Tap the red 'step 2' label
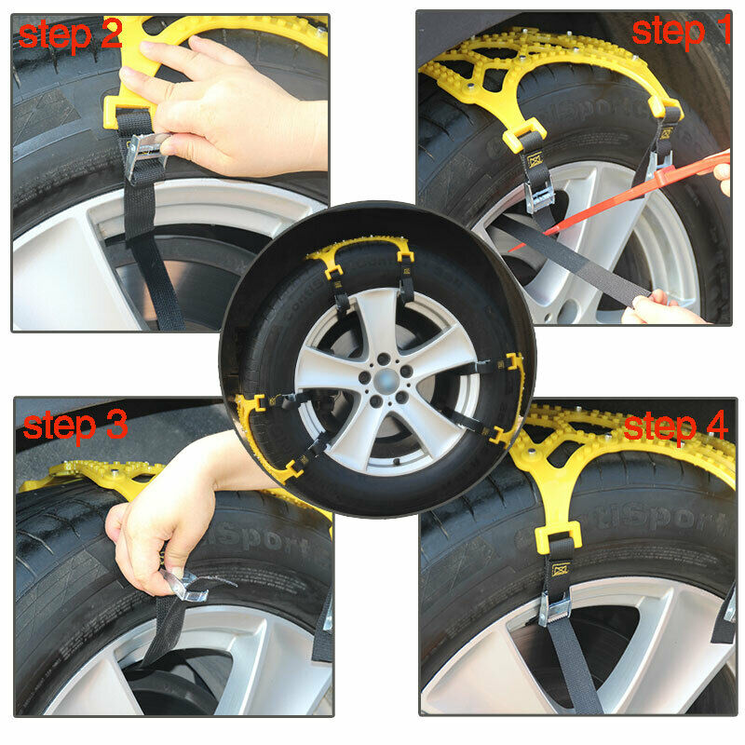tap(70, 34)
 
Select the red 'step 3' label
tap(74, 426)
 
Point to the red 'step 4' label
tap(675, 427)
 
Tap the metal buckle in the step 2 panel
tap(143, 154)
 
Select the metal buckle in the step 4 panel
tap(556, 607)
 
